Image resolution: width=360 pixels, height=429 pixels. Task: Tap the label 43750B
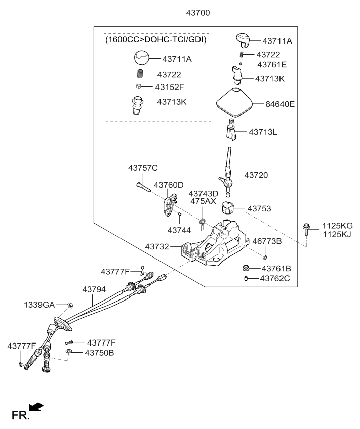[x=99, y=352]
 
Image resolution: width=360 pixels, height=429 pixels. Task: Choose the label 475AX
[x=203, y=201]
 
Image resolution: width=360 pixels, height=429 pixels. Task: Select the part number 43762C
[x=275, y=278]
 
